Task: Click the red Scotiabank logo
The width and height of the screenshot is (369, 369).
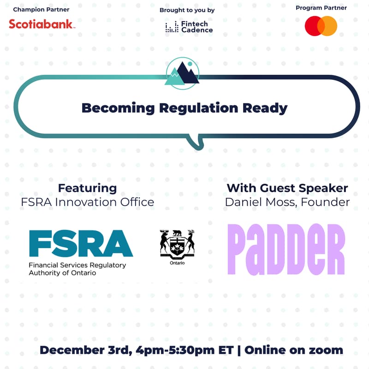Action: click(41, 24)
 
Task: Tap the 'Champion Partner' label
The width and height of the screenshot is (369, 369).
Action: click(41, 9)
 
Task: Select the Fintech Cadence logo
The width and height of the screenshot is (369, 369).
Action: click(189, 27)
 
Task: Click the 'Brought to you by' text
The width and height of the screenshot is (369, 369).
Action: click(187, 10)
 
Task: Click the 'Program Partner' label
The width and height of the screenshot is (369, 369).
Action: click(321, 8)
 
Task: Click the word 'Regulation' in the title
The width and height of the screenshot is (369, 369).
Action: click(195, 108)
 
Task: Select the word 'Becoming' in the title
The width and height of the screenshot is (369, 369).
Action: click(118, 108)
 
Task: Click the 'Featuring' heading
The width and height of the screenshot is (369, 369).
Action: click(87, 188)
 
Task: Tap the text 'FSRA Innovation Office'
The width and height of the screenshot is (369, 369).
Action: click(87, 202)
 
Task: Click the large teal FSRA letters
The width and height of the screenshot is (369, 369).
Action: click(81, 243)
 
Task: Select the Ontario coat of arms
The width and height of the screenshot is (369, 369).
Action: click(177, 244)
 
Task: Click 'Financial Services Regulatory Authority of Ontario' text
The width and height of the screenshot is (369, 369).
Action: click(77, 269)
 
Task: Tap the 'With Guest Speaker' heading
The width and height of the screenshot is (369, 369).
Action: click(287, 188)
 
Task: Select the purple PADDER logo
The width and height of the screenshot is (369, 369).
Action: click(286, 249)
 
